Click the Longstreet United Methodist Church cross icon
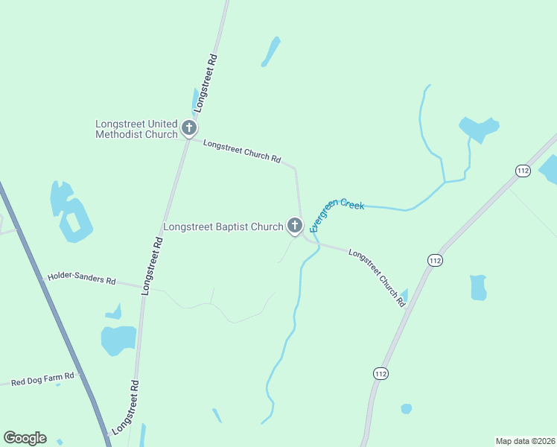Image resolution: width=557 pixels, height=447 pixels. pyautogui.click(x=189, y=128)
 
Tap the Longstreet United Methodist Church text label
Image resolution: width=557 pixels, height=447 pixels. pyautogui.click(x=137, y=129)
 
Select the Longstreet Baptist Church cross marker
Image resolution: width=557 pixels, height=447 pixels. pyautogui.click(x=295, y=226)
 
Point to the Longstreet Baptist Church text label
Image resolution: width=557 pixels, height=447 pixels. pyautogui.click(x=223, y=226)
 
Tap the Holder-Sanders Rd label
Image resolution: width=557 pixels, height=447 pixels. pyautogui.click(x=82, y=279)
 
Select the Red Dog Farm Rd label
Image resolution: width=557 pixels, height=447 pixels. pyautogui.click(x=42, y=379)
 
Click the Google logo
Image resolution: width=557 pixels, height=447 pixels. pyautogui.click(x=25, y=438)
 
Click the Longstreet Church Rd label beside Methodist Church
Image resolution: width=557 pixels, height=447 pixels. pyautogui.click(x=242, y=151)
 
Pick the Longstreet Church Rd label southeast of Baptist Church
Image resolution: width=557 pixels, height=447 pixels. pyautogui.click(x=377, y=276)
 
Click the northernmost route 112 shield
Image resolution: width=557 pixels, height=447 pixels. pyautogui.click(x=523, y=171)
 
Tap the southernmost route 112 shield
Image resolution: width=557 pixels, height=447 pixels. pyautogui.click(x=381, y=372)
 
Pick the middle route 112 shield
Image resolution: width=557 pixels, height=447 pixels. pyautogui.click(x=436, y=259)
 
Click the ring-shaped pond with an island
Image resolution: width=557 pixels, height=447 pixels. pyautogui.click(x=75, y=222)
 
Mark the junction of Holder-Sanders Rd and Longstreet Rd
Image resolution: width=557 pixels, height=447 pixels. pyautogui.click(x=141, y=287)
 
